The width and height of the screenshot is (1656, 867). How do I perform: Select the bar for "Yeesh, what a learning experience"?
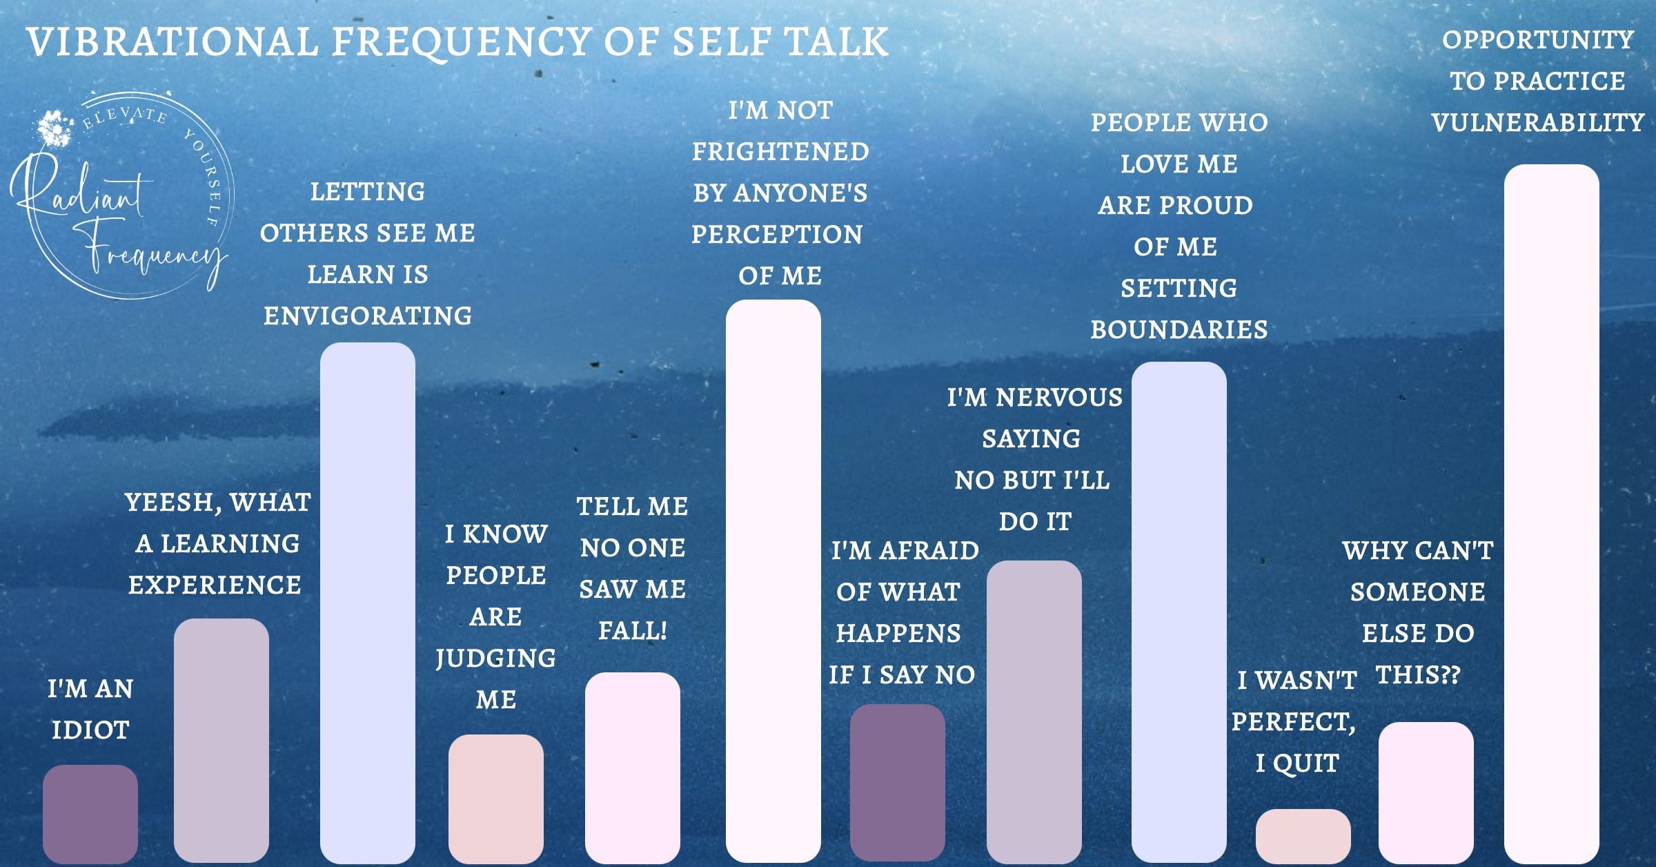click(221, 739)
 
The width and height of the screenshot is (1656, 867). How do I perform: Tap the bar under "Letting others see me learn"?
click(367, 601)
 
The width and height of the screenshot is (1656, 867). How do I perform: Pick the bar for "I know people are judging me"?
click(495, 797)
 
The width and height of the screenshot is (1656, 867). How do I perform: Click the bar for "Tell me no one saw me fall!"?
click(632, 766)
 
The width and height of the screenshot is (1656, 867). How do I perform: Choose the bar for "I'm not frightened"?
click(773, 580)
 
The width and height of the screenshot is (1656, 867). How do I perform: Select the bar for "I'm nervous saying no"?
click(1034, 711)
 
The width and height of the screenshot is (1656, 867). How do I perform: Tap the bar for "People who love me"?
click(1179, 611)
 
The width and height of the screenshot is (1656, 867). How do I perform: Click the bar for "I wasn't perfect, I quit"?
click(1303, 835)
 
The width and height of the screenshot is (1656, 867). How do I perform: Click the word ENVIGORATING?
click(368, 316)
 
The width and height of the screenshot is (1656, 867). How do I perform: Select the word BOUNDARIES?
click(1179, 330)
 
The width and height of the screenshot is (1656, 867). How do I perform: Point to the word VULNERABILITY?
click(1537, 123)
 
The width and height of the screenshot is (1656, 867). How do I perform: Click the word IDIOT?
click(90, 730)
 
